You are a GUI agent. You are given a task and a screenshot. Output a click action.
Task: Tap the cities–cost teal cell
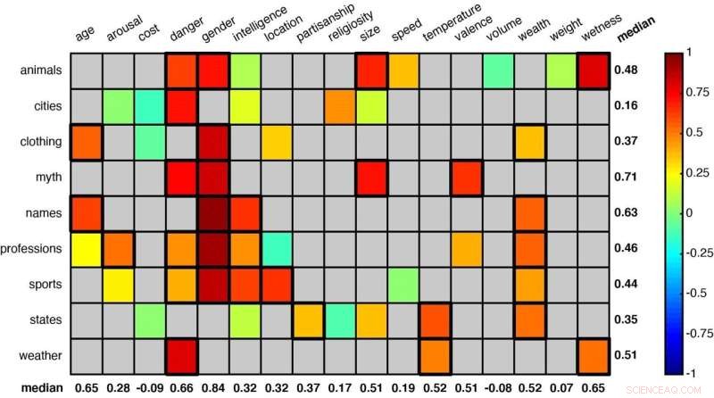(x=149, y=106)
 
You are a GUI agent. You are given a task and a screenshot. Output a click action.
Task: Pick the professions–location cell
(x=278, y=249)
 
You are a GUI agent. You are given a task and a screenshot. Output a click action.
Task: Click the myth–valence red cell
(x=467, y=178)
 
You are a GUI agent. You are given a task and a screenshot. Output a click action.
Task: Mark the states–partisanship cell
(x=309, y=320)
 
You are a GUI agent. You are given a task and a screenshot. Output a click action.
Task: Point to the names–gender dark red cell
(x=213, y=213)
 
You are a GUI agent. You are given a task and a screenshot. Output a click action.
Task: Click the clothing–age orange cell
(x=86, y=142)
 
